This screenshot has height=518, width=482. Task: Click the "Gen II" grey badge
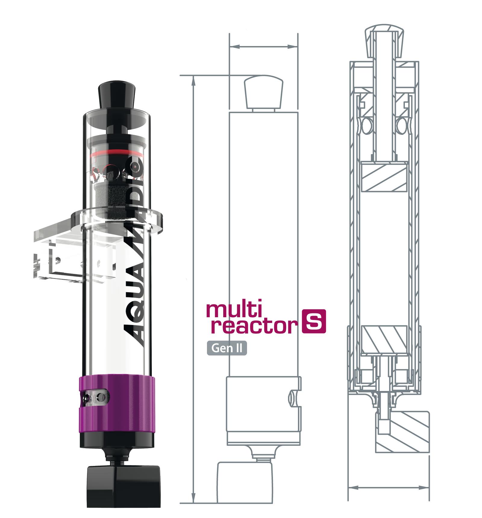[227, 348]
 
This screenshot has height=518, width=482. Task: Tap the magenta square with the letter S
[314, 322]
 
